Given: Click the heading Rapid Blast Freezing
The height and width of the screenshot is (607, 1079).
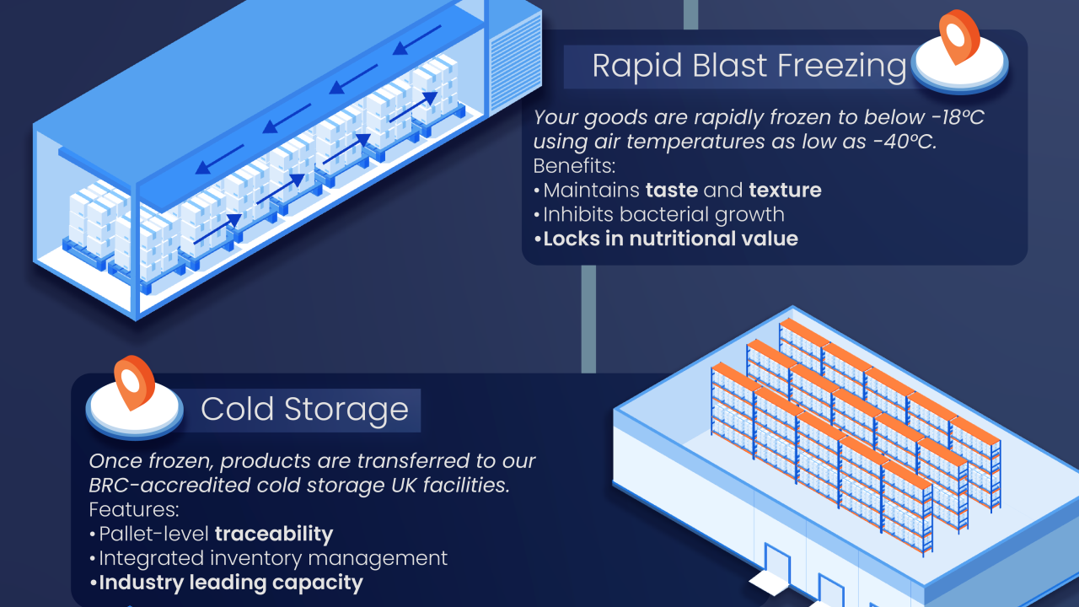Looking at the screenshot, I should click(x=749, y=66).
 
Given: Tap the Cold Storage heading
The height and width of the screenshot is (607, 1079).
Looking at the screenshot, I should click(x=304, y=410).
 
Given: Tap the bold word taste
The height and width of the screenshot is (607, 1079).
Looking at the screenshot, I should click(x=671, y=191).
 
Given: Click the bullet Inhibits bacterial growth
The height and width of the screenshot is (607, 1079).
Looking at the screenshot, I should click(x=663, y=215).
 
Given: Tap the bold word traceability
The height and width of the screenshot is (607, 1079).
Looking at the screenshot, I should click(x=274, y=534).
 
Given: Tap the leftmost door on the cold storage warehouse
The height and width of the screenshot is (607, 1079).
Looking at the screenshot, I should click(x=776, y=561).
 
